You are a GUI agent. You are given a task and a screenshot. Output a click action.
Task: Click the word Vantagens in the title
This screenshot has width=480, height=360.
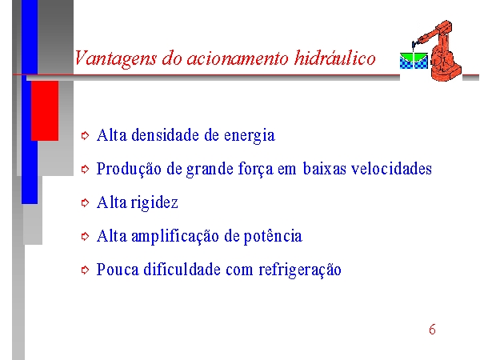(115, 58)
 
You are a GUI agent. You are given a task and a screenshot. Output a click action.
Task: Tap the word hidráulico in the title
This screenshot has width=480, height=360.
(334, 58)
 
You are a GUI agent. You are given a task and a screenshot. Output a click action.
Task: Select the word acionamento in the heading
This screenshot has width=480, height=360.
(238, 58)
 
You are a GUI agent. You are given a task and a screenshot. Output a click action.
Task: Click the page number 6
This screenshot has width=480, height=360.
(432, 330)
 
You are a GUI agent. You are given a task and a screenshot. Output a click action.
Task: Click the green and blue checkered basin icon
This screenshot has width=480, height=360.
(414, 60)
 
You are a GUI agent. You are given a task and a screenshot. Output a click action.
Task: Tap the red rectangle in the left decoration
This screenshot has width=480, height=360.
(45, 111)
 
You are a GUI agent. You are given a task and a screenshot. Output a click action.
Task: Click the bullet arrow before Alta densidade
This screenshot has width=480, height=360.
(85, 135)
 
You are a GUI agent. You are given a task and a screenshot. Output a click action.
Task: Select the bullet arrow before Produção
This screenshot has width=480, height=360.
(85, 169)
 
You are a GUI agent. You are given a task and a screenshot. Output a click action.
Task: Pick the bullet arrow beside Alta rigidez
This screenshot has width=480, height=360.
(85, 202)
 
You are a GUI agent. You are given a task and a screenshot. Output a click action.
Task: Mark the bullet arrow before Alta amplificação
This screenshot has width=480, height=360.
(85, 236)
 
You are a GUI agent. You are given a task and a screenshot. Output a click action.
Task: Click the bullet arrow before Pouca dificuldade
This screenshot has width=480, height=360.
(85, 270)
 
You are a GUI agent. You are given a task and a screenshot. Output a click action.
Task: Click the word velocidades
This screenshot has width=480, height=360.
(391, 168)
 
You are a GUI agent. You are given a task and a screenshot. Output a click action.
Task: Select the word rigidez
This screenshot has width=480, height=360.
(154, 203)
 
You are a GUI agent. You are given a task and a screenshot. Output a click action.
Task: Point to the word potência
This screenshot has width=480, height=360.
(273, 236)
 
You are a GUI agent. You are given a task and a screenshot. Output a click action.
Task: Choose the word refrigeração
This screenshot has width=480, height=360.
(300, 270)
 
